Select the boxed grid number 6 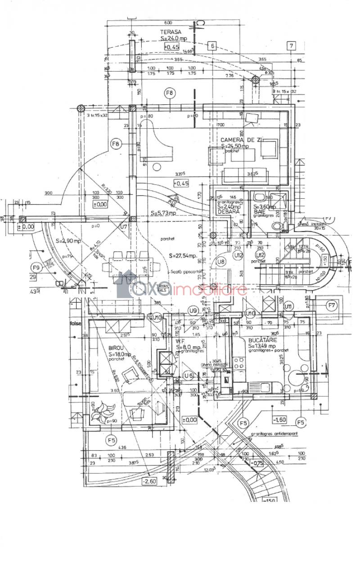(213, 45)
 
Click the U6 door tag (189, 376)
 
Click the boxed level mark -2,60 (148, 482)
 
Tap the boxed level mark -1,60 (279, 420)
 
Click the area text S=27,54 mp (183, 255)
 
